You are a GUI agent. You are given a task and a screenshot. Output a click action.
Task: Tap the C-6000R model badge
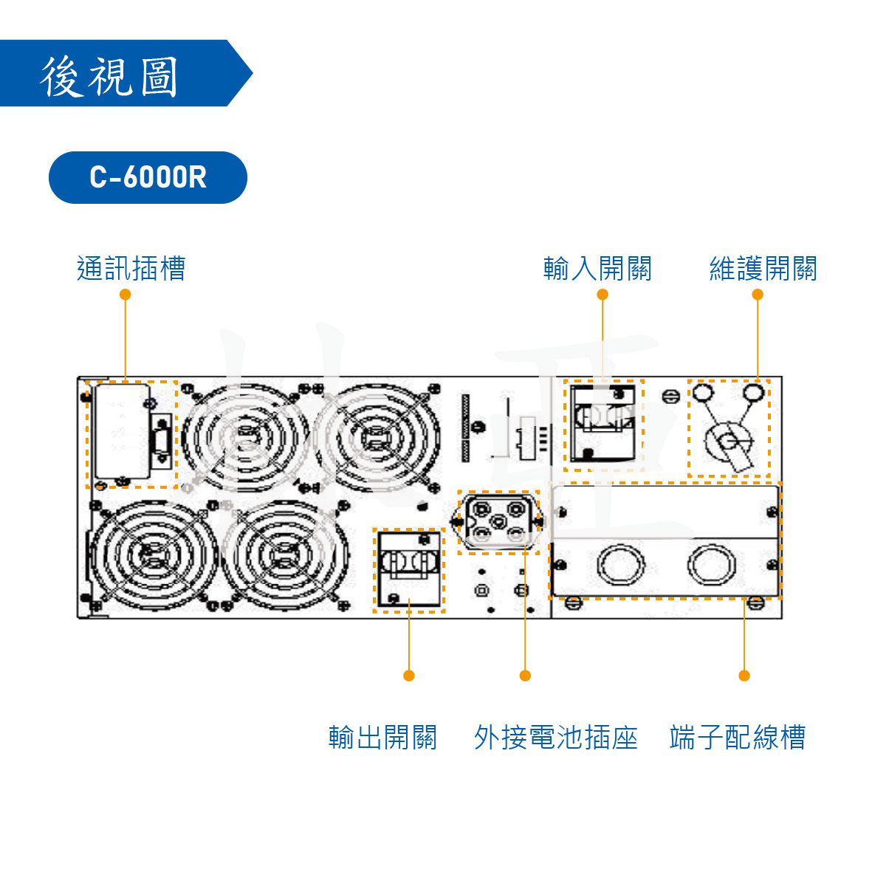pyautogui.click(x=148, y=177)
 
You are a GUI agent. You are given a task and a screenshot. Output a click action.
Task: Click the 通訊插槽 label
pyautogui.click(x=131, y=269)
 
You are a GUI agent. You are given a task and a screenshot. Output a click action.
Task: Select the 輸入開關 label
pyautogui.click(x=597, y=269)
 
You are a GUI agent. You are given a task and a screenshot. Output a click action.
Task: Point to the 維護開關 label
pyautogui.click(x=763, y=269)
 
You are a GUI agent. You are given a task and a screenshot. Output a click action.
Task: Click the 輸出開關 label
pyautogui.click(x=382, y=737)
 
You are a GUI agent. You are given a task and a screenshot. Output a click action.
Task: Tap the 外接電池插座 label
pyautogui.click(x=555, y=737)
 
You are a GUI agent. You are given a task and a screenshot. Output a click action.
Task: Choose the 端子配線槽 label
pyautogui.click(x=737, y=737)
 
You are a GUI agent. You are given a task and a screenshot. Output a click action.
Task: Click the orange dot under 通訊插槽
pyautogui.click(x=125, y=295)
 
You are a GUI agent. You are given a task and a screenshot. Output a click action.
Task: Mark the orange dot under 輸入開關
pyautogui.click(x=602, y=295)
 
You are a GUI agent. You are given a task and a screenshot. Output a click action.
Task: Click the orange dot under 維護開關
pyautogui.click(x=758, y=295)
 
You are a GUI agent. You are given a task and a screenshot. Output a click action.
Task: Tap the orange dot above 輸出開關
pyautogui.click(x=409, y=676)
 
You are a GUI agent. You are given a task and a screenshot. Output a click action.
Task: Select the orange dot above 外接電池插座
pyautogui.click(x=525, y=676)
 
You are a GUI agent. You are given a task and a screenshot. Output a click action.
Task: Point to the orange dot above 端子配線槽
pyautogui.click(x=744, y=676)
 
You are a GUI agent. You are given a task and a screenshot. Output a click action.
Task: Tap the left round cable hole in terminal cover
pyautogui.click(x=621, y=565)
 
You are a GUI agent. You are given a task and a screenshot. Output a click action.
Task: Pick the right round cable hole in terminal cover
pyautogui.click(x=711, y=565)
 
